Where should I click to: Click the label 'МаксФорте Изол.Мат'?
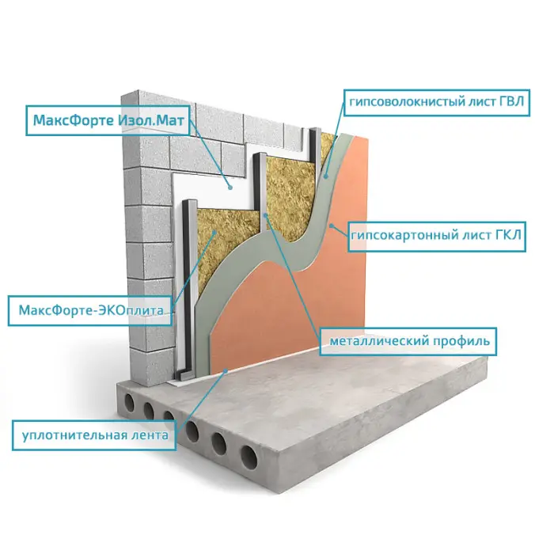[108, 120]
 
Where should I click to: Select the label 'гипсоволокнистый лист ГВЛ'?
[436, 102]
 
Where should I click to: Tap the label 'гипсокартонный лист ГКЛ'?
[436, 235]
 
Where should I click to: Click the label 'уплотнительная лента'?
[95, 434]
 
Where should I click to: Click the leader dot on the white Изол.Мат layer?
[230, 188]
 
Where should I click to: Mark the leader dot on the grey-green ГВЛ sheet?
[325, 175]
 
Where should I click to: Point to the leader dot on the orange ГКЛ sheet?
[331, 225]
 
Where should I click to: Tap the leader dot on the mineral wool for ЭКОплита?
[214, 231]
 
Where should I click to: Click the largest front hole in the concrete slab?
[249, 457]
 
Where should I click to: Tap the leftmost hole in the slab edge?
[130, 404]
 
